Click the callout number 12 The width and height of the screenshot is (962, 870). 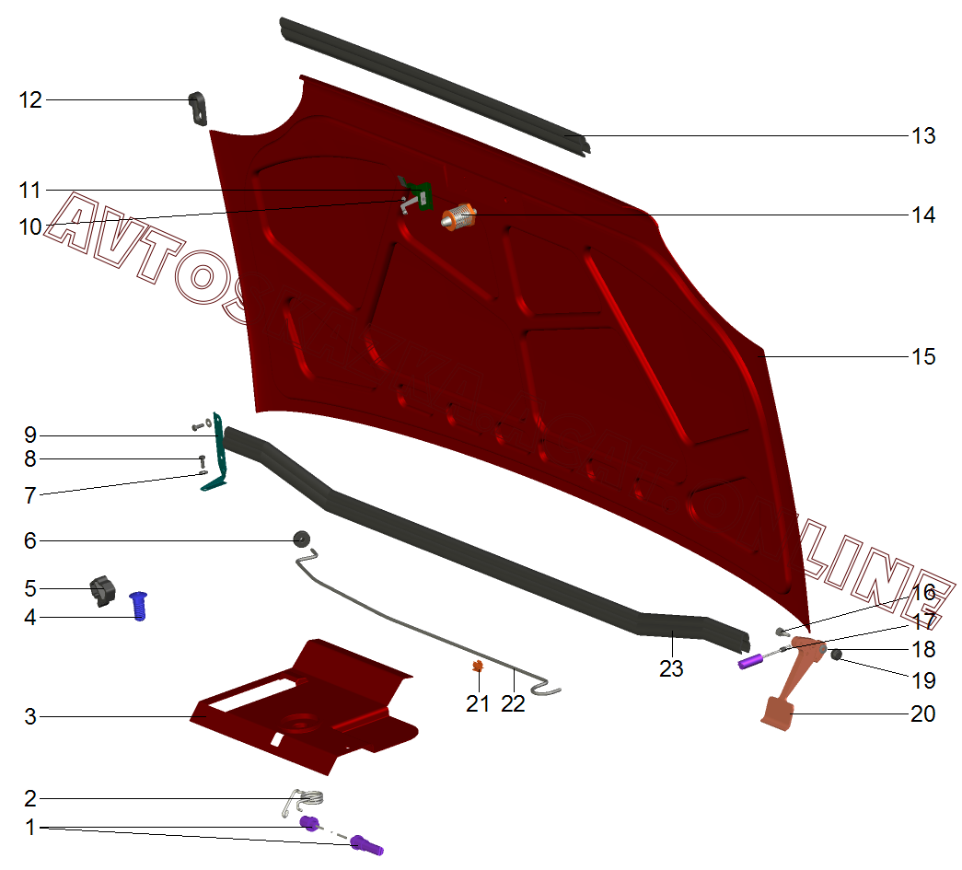click(x=30, y=100)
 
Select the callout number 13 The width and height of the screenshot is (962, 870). click(x=923, y=136)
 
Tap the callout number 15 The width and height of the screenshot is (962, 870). click(x=923, y=356)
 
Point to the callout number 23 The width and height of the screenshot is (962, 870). click(x=671, y=669)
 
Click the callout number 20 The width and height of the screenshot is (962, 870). click(x=923, y=713)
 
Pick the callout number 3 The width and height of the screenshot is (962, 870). click(x=30, y=716)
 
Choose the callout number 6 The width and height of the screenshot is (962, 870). click(x=30, y=540)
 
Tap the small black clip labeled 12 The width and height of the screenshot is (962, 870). click(x=198, y=107)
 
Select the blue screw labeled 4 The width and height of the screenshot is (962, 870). click(x=140, y=605)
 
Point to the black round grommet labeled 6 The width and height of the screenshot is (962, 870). click(x=300, y=539)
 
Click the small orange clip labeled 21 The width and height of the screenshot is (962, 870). click(x=477, y=667)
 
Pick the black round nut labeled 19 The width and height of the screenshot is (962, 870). click(x=838, y=655)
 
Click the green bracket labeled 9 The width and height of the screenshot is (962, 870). click(x=220, y=451)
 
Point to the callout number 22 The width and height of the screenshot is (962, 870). click(x=513, y=703)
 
